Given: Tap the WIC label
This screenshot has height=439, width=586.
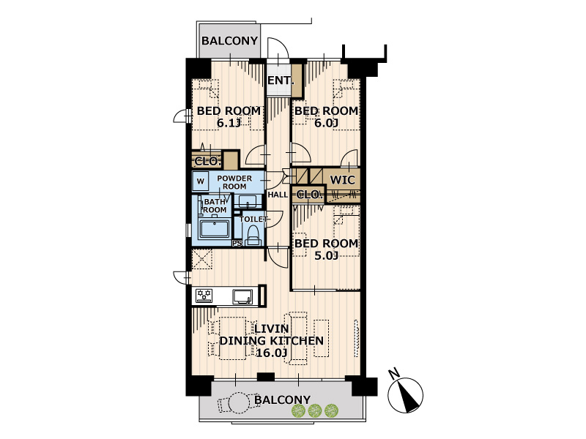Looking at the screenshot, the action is [342, 180].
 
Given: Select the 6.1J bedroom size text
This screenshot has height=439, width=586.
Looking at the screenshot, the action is [228, 123].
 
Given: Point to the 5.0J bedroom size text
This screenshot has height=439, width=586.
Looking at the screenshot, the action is [326, 255].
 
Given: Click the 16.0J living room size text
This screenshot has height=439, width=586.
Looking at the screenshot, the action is [272, 353].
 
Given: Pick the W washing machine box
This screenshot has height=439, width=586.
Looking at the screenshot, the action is [201, 181].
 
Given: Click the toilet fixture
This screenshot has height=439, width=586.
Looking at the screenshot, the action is [253, 235].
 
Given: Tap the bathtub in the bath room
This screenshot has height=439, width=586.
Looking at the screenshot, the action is [215, 229].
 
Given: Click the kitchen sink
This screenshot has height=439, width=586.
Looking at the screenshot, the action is [243, 297].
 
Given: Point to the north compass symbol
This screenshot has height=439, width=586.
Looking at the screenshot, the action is [406, 394].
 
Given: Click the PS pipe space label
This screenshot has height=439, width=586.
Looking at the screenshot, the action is [237, 244].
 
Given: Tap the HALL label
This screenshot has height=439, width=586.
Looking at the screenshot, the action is [278, 195].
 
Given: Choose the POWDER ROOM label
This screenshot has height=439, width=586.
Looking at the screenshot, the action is [234, 182].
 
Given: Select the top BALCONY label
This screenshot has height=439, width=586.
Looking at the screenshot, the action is [229, 41].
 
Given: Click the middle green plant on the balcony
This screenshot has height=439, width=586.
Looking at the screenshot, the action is [315, 411].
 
